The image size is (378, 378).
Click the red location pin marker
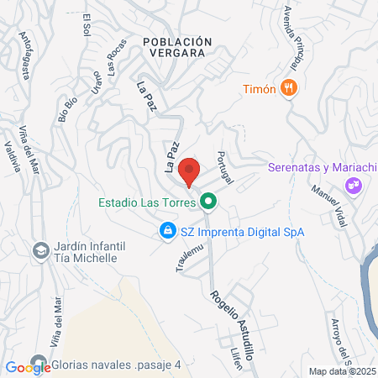point(189,171)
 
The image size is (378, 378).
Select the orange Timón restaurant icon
point(290,87)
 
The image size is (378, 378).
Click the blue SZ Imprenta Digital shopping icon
point(168,230)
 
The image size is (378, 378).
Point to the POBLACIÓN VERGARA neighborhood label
point(174,46)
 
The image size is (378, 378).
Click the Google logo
point(28,366)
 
